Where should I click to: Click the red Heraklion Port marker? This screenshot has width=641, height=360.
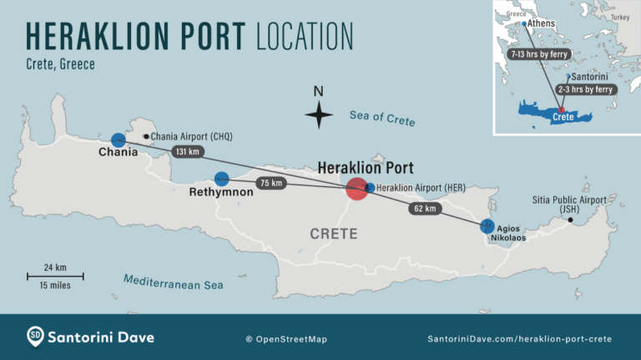click(356, 188)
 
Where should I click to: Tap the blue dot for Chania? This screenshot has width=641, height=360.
click(119, 140)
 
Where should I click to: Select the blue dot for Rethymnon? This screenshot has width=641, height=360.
click(222, 179)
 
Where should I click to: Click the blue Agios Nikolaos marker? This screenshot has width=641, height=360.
click(487, 226)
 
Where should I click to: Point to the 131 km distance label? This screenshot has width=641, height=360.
click(188, 152)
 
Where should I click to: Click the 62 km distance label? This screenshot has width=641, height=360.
click(424, 209)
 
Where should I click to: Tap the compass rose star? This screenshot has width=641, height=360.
click(318, 114)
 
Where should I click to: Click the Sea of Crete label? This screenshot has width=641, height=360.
click(382, 118)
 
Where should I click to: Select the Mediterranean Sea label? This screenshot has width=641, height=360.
click(174, 281)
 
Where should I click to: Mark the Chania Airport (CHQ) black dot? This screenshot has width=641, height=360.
click(147, 136)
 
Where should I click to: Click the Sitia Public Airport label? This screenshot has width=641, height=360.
click(569, 205)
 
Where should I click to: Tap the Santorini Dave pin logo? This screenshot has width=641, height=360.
click(36, 337)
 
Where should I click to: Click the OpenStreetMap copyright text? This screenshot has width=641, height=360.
click(286, 339)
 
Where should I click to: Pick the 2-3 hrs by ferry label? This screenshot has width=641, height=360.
click(584, 89)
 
